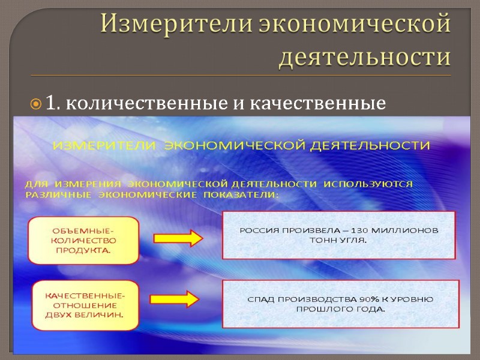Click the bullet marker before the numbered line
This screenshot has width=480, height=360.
point(35,105)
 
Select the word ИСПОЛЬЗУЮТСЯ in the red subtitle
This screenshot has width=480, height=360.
point(368,184)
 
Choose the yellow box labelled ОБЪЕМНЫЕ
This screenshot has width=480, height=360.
point(83,241)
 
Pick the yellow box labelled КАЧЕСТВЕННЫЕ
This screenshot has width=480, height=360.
point(84,305)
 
